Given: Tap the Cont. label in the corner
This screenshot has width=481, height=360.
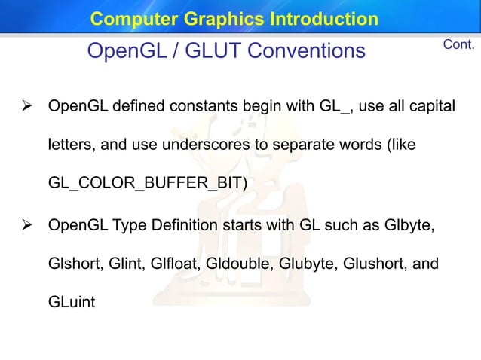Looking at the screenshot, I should (x=458, y=45).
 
